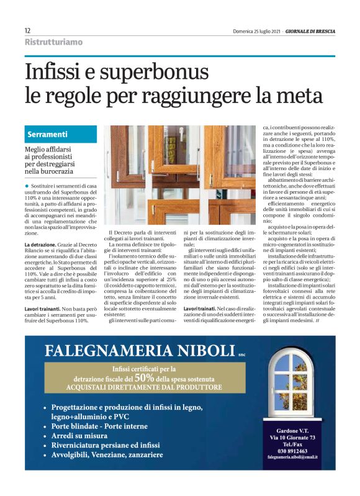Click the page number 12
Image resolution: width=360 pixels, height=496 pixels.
pyautogui.click(x=27, y=30)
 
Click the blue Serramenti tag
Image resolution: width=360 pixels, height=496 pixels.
pyautogui.click(x=48, y=134)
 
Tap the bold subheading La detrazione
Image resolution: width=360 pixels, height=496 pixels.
pyautogui.click(x=41, y=246)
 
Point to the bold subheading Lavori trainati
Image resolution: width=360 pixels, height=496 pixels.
pyautogui.click(x=199, y=309)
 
